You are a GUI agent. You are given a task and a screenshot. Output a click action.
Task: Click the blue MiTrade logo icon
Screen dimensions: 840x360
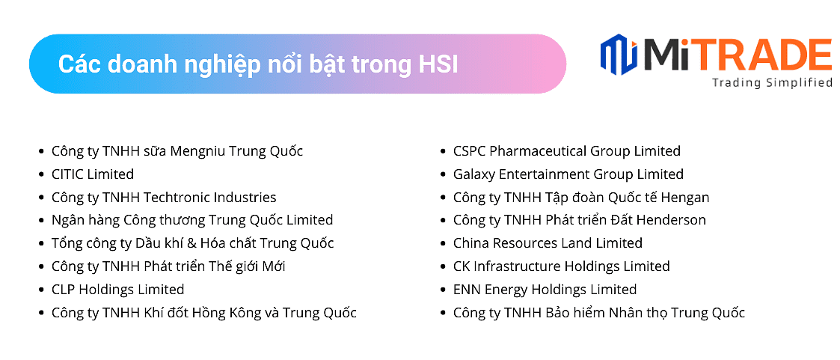point(619,54)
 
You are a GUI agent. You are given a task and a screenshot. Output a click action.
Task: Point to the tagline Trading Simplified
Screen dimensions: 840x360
point(772,82)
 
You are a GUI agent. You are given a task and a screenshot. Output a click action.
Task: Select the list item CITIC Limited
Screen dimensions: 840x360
point(93,174)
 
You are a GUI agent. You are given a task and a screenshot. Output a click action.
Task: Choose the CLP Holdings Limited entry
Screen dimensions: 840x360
point(118,290)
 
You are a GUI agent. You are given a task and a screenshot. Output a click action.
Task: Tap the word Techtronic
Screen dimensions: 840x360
point(176,197)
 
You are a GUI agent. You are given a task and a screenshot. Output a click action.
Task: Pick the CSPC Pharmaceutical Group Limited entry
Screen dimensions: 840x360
point(567,151)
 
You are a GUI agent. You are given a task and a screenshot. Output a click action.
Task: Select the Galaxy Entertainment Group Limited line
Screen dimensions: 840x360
point(568,174)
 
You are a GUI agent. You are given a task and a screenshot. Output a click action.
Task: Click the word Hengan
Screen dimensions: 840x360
point(685,198)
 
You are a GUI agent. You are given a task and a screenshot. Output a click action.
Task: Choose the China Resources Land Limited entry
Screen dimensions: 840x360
point(548,243)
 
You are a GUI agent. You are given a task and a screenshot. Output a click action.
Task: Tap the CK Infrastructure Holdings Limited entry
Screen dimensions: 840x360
point(562,266)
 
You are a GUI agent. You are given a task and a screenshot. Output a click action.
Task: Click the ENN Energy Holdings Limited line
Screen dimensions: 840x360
point(545,290)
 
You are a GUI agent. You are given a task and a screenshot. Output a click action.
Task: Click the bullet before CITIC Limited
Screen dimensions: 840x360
point(41,174)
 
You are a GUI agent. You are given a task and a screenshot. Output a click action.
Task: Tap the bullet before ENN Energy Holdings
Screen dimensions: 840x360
point(443,290)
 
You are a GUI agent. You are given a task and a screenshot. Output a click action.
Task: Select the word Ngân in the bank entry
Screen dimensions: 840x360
point(65,220)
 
